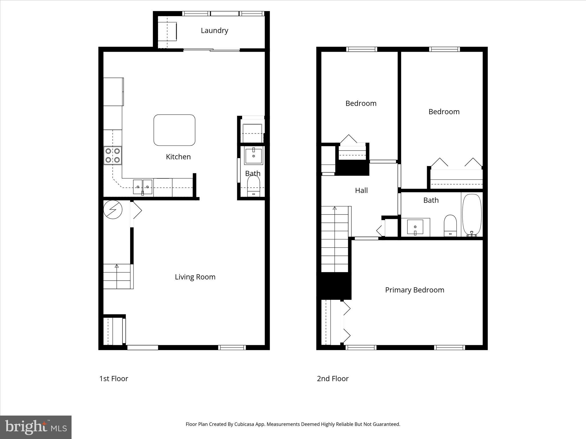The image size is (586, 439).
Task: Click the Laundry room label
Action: pos(214,31)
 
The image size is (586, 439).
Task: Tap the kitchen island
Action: pos(174,130)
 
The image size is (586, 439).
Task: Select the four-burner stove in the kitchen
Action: pos(113,155)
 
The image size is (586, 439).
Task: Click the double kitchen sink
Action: pos(142,187)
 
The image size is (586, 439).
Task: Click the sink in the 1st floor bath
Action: pos(253,156)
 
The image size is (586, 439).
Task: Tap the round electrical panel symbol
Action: pos(113,209)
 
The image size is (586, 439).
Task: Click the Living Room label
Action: pos(195,277)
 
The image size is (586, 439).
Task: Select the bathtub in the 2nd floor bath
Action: pos(472,214)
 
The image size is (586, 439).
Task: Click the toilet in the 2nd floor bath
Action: pos(450,225)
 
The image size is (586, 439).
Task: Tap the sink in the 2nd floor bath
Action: pos(415,227)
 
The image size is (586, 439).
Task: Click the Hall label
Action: pos(361,191)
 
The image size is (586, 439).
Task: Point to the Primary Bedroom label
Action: pos(414,290)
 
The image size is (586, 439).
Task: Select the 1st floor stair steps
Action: pos(117,276)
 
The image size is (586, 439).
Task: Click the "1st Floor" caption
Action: pos(114,379)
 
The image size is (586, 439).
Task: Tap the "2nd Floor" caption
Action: pos(332,379)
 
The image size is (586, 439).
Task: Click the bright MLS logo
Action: pos(36,427)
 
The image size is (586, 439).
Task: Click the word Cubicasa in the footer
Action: pos(245,424)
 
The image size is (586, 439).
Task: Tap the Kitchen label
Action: pos(178,157)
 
